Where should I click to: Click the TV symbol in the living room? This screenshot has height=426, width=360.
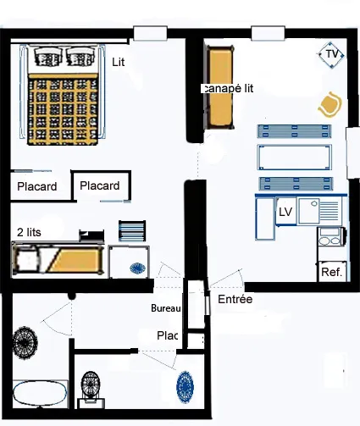click(x=331, y=55)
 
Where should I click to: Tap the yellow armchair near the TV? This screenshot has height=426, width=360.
click(x=330, y=105)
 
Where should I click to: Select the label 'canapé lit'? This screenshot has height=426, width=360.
click(x=227, y=88)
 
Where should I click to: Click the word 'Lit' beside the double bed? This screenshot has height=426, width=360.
click(x=119, y=63)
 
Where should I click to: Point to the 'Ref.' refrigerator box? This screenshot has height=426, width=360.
click(x=332, y=272)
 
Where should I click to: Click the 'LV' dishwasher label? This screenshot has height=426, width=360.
click(x=285, y=212)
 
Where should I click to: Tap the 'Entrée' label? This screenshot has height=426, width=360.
click(x=235, y=299)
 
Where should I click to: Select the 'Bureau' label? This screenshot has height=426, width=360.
click(x=166, y=308)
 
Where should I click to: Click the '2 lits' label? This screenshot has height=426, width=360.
click(x=29, y=232)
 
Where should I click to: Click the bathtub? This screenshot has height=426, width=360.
click(x=40, y=394)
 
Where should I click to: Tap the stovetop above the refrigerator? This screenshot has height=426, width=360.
click(x=331, y=236)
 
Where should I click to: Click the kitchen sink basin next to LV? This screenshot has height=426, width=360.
click(x=309, y=211)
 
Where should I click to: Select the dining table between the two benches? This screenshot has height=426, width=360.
click(x=295, y=158)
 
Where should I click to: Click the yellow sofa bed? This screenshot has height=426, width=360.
click(x=220, y=87)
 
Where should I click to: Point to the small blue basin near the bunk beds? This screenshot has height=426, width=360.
click(x=138, y=268)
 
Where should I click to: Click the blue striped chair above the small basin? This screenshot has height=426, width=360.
click(x=132, y=231)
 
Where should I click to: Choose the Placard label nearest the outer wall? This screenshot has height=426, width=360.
click(x=36, y=186)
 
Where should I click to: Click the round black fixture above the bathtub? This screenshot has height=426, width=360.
click(x=25, y=342)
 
